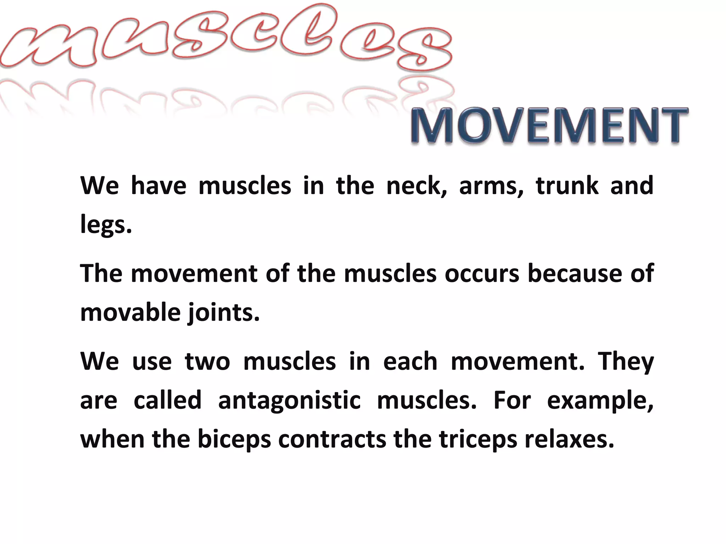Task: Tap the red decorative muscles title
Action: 227,39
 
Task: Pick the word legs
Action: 106,225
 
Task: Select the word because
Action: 575,273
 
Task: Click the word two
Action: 207,362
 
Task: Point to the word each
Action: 410,362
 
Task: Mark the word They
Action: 626,362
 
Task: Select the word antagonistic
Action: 289,400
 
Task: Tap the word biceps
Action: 234,440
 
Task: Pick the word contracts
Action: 332,440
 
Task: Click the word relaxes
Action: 569,439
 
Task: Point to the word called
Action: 167,400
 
